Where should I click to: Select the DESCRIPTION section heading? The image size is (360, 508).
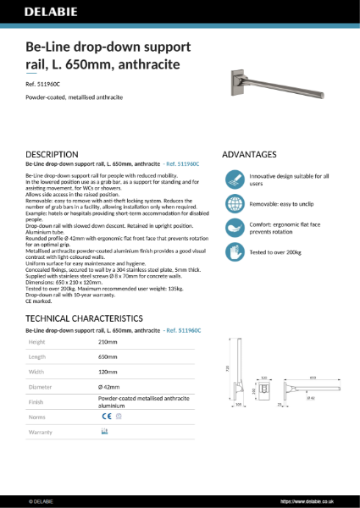(x=53, y=155)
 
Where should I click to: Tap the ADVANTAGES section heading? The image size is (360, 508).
(x=249, y=155)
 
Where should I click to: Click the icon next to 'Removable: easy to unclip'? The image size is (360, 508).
(x=234, y=204)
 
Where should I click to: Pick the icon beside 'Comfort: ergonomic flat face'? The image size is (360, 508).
(x=234, y=228)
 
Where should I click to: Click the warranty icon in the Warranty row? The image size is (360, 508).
(x=104, y=432)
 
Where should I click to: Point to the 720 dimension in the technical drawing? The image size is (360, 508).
(x=227, y=368)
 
